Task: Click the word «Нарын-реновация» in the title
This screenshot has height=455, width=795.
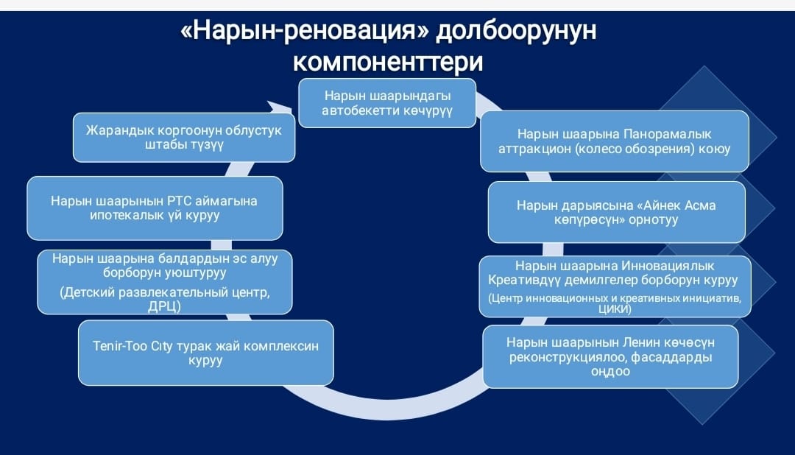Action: (x=304, y=30)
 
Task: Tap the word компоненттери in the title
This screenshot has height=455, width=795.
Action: (x=388, y=62)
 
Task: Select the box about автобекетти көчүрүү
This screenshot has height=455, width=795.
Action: (x=387, y=103)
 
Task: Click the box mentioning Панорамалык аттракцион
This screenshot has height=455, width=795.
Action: (x=615, y=141)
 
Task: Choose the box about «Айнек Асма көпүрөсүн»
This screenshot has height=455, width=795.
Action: (x=617, y=212)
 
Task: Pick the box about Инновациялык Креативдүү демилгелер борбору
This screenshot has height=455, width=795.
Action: (x=615, y=286)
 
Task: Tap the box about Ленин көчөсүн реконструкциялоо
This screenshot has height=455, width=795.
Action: (x=610, y=356)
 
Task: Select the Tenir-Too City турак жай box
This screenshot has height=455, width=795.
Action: (x=206, y=353)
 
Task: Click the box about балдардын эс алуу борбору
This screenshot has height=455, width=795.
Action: (x=165, y=282)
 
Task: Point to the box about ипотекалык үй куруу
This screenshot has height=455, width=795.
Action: (x=155, y=208)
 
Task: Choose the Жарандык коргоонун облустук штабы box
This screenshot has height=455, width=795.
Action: (x=184, y=138)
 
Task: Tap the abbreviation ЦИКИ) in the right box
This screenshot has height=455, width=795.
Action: (x=615, y=309)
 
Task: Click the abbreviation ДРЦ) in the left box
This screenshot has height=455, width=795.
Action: (x=164, y=306)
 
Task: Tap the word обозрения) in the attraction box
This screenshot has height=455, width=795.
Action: (x=660, y=149)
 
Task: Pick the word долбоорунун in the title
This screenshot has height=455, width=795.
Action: (x=516, y=30)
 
